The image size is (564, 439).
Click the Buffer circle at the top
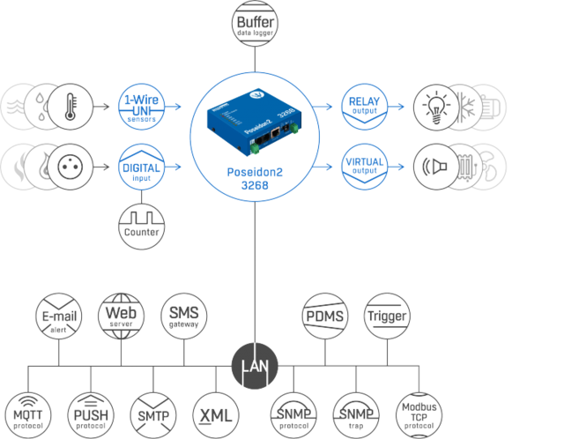254,20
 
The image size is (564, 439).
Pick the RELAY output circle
365,108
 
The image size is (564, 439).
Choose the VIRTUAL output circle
365,166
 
